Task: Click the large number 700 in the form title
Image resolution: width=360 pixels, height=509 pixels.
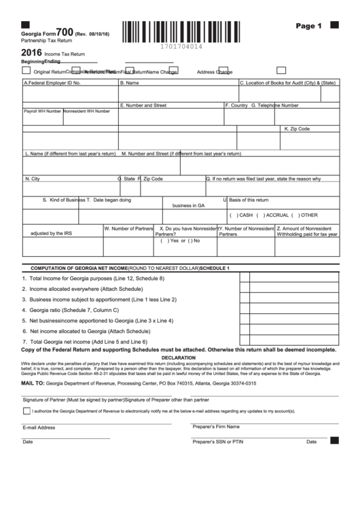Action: click(x=65, y=31)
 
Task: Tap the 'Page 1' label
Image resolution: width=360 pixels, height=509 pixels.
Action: click(x=308, y=27)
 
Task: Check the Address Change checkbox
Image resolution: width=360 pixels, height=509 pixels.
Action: click(x=281, y=70)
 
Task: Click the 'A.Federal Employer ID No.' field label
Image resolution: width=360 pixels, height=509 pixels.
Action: click(x=52, y=83)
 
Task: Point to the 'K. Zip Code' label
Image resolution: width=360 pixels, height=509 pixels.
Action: click(x=297, y=128)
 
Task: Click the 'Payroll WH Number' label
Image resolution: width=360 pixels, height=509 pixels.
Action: click(x=43, y=111)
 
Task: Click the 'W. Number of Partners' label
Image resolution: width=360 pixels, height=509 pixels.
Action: click(x=129, y=229)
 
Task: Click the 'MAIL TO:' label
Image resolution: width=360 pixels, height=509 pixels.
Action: click(x=33, y=384)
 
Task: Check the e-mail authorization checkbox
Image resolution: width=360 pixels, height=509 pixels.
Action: click(x=26, y=411)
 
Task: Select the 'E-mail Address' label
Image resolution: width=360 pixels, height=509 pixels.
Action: click(x=39, y=427)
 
